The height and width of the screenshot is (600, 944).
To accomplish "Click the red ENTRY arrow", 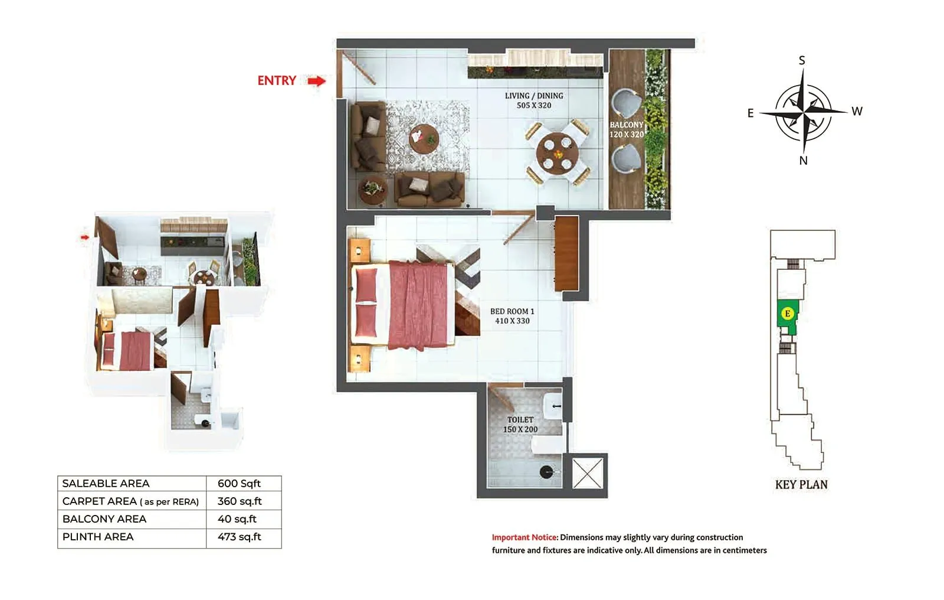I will (317, 81).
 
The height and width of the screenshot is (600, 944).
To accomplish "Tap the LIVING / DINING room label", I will (534, 100).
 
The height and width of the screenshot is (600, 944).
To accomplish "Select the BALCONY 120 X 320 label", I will (626, 130).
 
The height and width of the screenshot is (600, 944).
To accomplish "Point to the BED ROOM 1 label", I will (512, 316).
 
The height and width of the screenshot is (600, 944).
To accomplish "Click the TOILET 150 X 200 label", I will (520, 425).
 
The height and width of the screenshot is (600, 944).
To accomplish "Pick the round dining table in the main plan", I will (558, 152).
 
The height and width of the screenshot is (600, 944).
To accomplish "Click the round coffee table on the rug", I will (424, 139).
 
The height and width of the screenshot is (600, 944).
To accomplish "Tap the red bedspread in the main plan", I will (421, 305).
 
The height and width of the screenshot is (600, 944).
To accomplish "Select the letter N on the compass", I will (803, 161).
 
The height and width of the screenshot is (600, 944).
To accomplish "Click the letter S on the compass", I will (802, 60).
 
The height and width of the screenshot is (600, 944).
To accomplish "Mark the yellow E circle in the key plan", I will (787, 314).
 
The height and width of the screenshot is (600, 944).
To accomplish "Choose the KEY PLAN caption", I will (801, 485).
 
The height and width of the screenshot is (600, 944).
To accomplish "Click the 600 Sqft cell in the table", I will (239, 484).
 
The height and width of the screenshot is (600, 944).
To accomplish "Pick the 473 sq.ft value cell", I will (239, 537).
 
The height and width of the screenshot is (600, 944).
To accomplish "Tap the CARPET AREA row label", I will (130, 501).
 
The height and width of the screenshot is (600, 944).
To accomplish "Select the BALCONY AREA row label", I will (104, 519).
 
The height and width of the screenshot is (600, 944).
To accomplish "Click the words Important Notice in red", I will (525, 537).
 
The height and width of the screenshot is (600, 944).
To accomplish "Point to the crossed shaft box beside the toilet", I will (588, 473).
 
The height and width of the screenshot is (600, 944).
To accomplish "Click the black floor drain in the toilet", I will (546, 472).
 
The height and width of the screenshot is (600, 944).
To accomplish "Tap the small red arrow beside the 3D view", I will (85, 237).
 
